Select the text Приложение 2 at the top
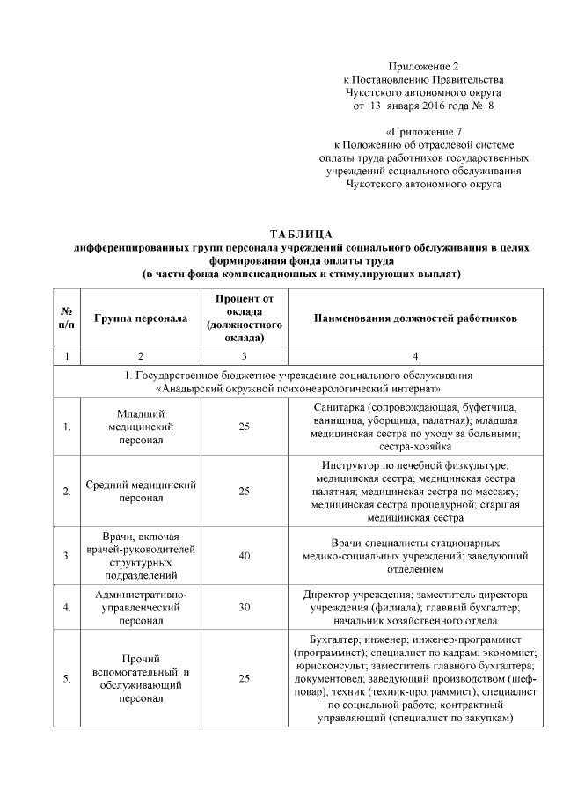pos(424,67)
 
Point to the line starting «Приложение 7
pos(423,132)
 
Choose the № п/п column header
pos(66,318)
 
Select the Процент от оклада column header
pos(244,318)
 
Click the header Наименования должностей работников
pos(415,318)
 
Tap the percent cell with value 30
pos(244,607)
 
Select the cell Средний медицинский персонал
pos(141,491)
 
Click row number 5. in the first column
pos(67,678)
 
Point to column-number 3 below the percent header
pos(244,356)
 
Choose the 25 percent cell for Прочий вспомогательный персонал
pos(244,678)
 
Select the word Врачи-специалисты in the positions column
pos(361,543)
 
